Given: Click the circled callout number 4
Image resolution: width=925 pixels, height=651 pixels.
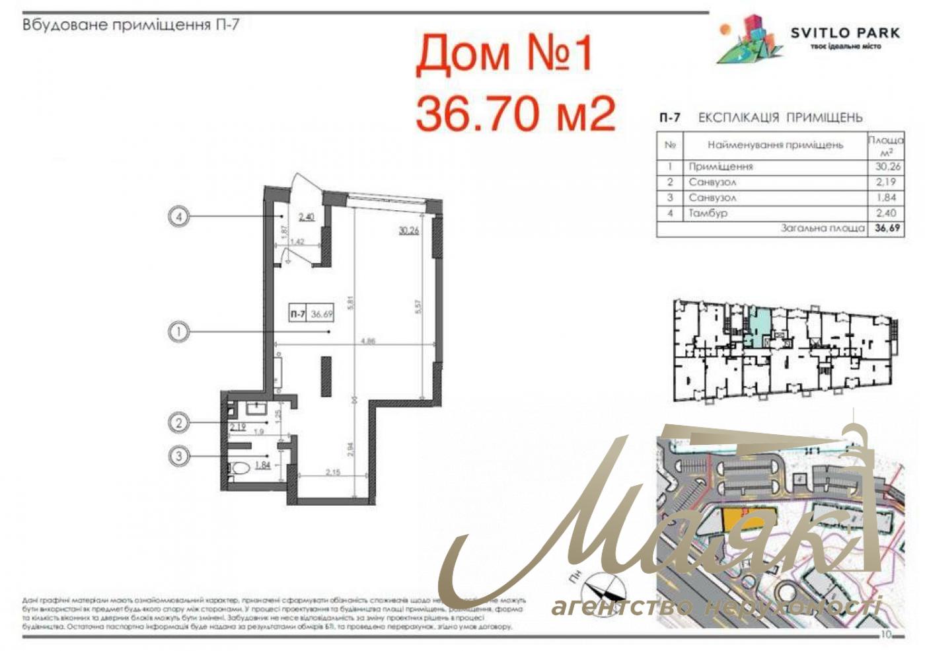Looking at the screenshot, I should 178,216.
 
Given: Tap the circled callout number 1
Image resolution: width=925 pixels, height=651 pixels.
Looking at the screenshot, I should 178,331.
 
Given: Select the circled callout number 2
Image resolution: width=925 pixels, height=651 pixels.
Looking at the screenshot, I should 178,422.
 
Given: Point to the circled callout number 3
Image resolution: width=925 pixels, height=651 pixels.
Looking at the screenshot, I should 178,455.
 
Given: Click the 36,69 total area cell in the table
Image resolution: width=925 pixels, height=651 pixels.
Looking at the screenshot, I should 886,228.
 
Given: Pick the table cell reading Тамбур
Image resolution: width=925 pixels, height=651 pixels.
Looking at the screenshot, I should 708,213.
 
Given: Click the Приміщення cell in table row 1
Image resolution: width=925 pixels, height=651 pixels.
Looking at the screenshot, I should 721,167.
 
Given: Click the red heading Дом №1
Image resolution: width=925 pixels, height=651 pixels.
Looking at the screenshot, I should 505,54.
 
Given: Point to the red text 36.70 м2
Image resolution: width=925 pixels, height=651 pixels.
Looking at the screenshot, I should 515,113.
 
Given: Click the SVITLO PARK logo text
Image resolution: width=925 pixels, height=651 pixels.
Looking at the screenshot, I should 845,32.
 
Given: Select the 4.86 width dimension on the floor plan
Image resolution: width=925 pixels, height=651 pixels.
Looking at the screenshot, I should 368,342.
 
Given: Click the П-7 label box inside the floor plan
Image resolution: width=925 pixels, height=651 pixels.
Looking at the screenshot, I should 297,315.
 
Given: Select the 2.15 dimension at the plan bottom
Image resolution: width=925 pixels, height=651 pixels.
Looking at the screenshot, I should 333,472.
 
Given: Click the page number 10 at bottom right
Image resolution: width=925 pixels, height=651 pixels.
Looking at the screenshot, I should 886,634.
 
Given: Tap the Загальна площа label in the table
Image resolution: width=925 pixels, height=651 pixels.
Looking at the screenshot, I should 823,228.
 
